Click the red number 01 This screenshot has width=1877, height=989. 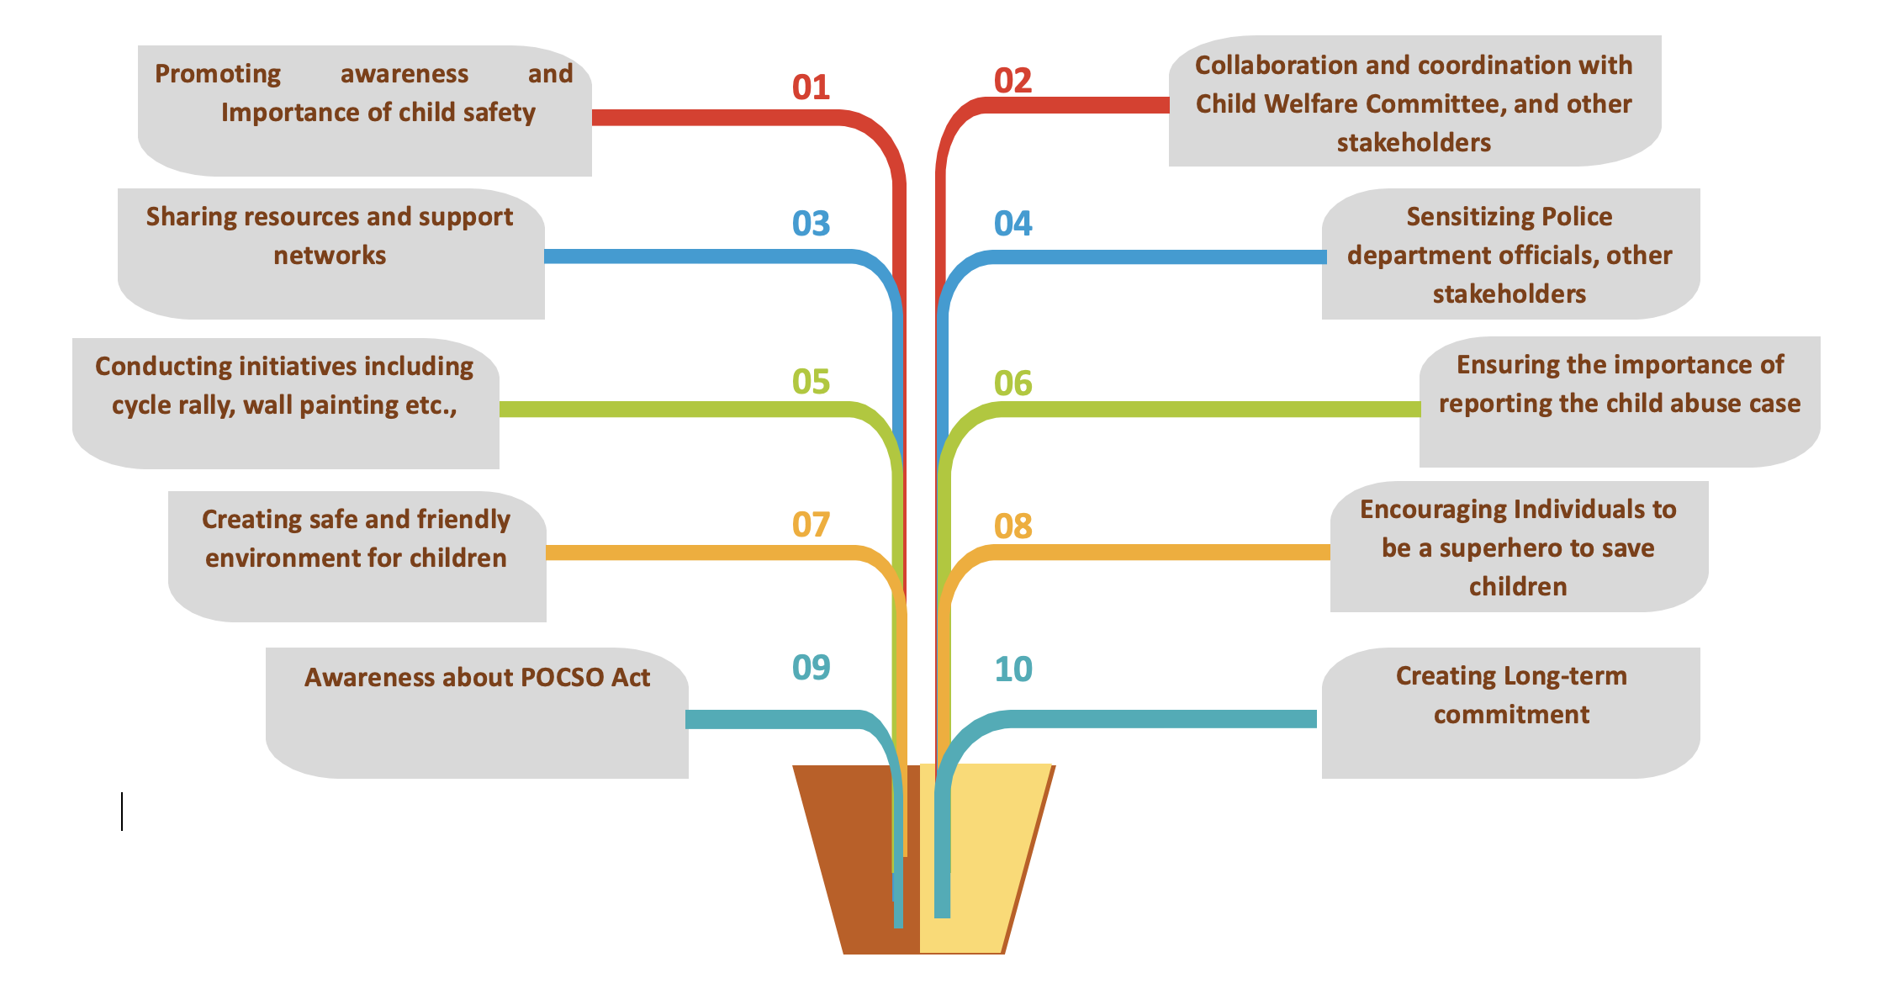click(811, 87)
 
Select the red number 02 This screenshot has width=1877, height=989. click(1013, 81)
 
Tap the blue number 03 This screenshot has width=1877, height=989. click(811, 224)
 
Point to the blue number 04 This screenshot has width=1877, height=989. click(1013, 224)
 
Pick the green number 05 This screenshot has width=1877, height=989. click(811, 382)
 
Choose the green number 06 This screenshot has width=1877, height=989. click(1013, 383)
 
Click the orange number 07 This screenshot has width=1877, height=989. click(811, 525)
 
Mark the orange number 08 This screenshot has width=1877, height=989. click(1013, 526)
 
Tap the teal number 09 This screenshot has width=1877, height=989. click(811, 668)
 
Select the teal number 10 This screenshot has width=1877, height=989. click(1013, 669)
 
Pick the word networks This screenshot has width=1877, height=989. click(330, 256)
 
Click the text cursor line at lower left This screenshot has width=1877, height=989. click(122, 811)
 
